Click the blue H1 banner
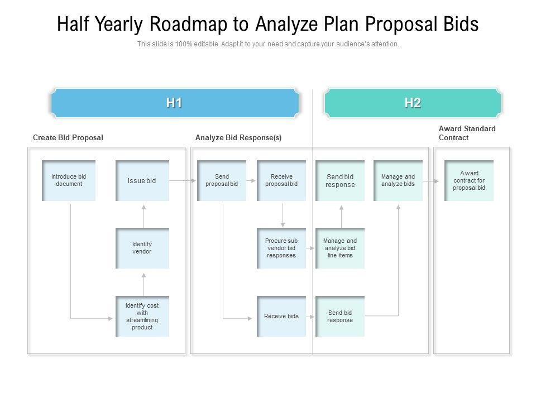(174, 103)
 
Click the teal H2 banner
(413, 103)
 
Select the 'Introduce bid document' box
(69, 180)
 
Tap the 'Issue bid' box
(142, 180)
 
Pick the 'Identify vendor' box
(142, 248)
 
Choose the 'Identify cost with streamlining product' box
(142, 316)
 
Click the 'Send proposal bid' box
(222, 180)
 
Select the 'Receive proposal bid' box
(281, 180)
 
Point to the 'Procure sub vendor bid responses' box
(281, 248)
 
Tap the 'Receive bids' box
(281, 316)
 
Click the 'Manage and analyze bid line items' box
(340, 248)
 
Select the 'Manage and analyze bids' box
(398, 180)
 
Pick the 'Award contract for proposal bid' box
(469, 180)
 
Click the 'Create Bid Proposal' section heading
(68, 137)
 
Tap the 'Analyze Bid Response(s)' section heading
(238, 137)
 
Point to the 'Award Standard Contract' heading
(467, 133)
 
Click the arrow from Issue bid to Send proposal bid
(182, 181)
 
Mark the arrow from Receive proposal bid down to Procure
(283, 214)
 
